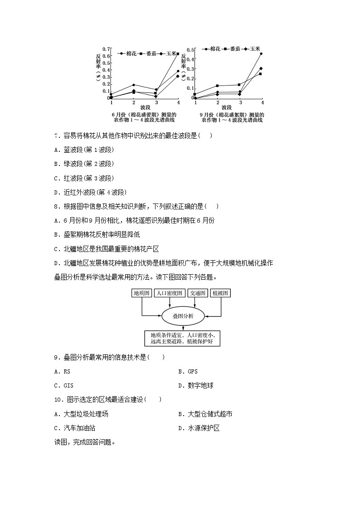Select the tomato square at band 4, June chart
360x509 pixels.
(178, 54)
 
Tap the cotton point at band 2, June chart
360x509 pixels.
(133, 85)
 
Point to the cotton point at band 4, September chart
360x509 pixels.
(261, 53)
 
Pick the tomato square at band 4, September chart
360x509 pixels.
(260, 73)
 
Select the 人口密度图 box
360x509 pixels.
(169, 293)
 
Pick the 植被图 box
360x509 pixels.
(221, 293)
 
